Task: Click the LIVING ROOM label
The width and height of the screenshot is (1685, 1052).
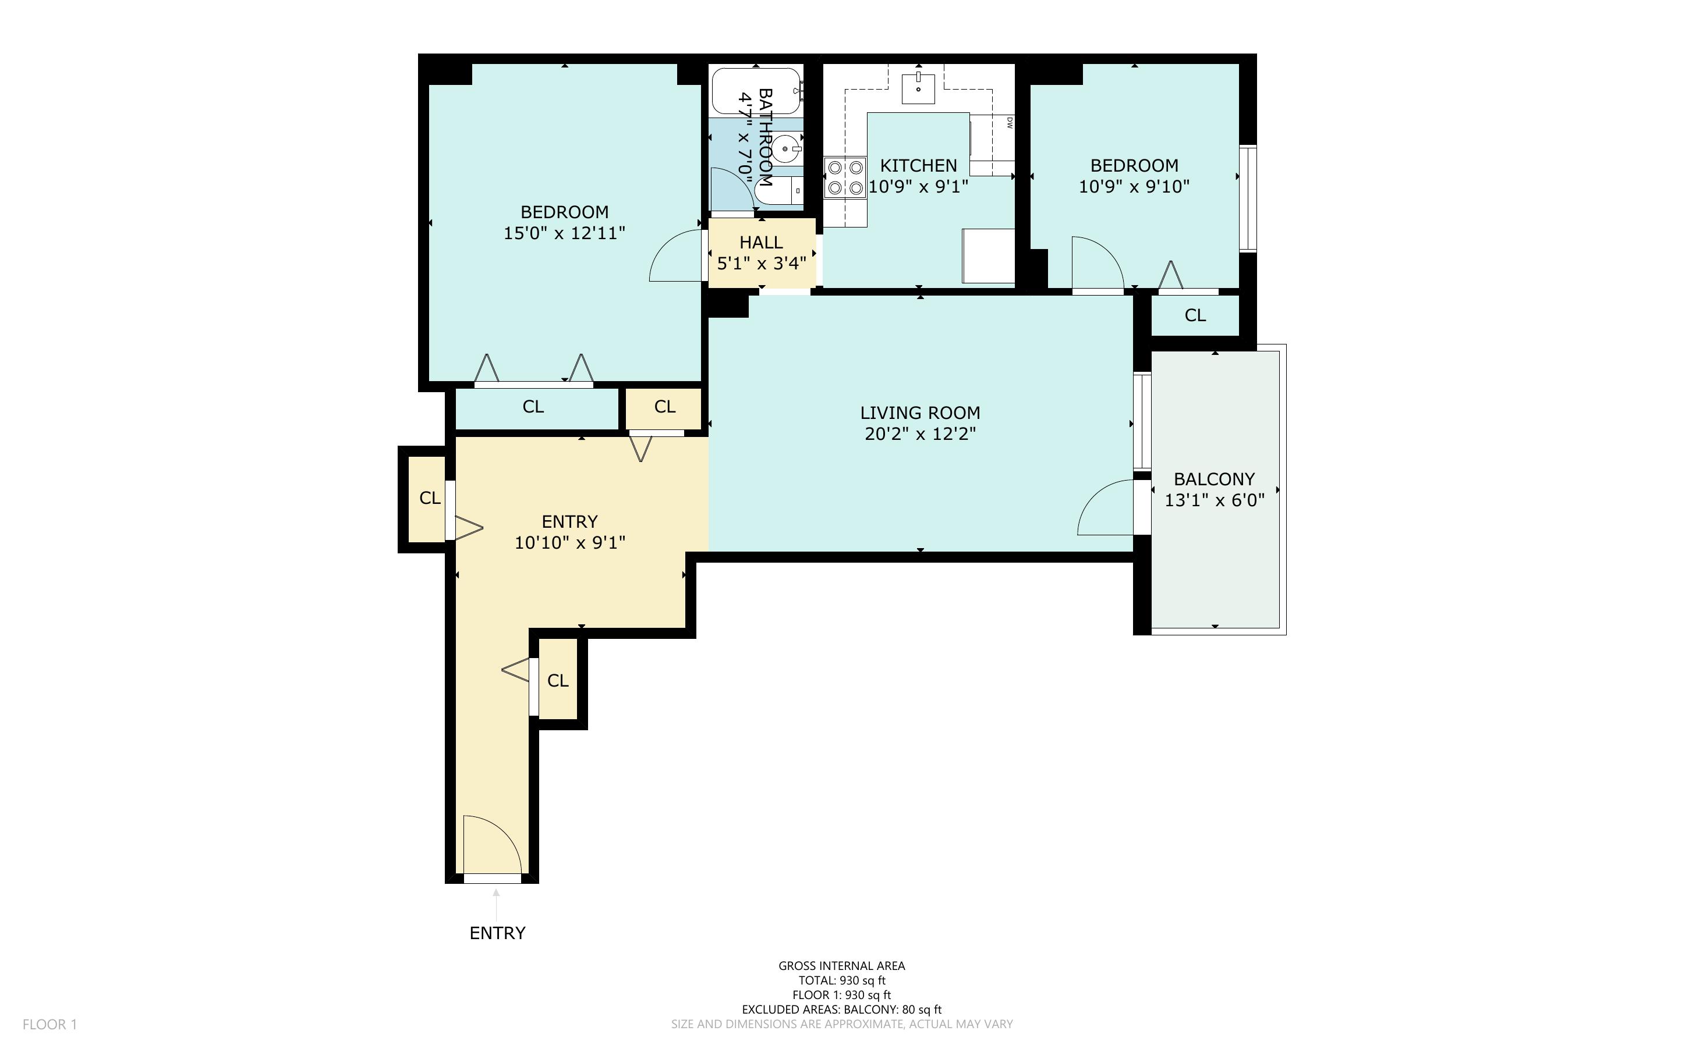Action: coord(919,413)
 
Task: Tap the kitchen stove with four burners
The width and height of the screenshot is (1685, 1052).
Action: coord(845,177)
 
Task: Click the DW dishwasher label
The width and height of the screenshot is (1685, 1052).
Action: coord(1009,122)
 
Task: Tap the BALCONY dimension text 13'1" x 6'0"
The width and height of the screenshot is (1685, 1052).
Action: coord(1214,500)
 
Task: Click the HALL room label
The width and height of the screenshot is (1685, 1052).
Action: coord(761,242)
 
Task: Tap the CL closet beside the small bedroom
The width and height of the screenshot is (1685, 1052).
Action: coord(1194,315)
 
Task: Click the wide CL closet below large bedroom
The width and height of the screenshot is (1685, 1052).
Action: coord(533,407)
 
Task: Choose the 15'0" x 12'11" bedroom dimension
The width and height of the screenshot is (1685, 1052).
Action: coord(564,233)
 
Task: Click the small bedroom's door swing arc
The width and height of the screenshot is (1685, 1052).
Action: coord(1098,262)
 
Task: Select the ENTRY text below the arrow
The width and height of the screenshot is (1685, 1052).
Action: coord(497,933)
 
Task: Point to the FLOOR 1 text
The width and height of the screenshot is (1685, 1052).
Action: coord(49,1024)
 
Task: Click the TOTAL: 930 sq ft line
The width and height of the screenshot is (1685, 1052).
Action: coord(841,980)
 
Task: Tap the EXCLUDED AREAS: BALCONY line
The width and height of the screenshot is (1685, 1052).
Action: coord(841,1010)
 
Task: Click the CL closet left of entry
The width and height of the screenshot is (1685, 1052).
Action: coord(430,498)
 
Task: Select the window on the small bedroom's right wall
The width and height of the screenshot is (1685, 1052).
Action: coord(1247,198)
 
